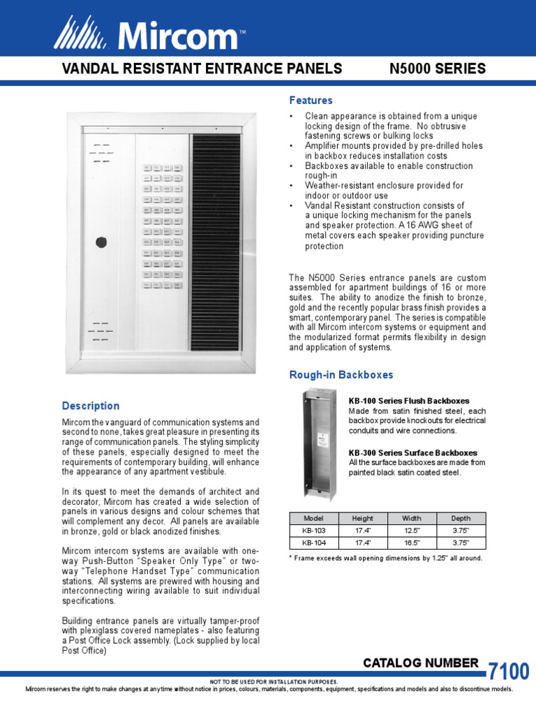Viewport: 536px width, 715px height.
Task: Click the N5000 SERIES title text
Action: [x=437, y=68]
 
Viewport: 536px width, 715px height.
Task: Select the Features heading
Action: [x=311, y=101]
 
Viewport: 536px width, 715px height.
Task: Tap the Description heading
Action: [x=91, y=406]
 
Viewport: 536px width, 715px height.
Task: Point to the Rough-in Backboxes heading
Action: [x=341, y=375]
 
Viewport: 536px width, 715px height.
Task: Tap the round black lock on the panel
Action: [x=102, y=244]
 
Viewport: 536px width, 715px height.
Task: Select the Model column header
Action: [x=313, y=518]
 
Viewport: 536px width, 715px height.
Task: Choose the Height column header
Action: [x=362, y=518]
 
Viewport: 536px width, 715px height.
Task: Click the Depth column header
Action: [x=461, y=518]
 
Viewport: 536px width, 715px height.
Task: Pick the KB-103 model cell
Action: [x=313, y=530]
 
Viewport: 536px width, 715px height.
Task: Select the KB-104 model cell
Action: [x=313, y=542]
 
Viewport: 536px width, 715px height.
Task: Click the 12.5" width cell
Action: [x=412, y=530]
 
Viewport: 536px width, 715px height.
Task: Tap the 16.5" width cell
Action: [x=412, y=542]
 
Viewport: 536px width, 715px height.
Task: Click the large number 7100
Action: [x=508, y=672]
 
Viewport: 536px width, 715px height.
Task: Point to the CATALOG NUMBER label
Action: [x=421, y=663]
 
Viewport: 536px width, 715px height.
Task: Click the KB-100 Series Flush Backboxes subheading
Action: [x=409, y=401]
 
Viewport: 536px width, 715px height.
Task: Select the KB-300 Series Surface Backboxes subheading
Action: [x=413, y=452]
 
